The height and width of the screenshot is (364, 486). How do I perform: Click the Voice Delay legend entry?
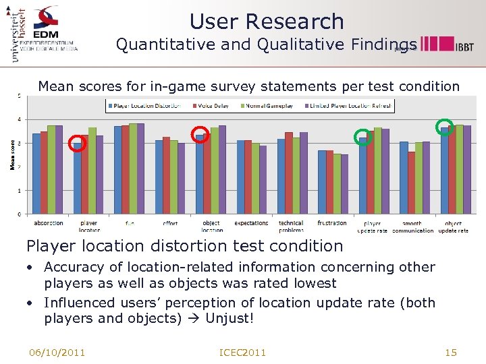tap(215, 106)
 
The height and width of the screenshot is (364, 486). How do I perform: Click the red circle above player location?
tap(78, 143)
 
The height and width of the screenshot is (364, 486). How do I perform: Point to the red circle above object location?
tap(200, 134)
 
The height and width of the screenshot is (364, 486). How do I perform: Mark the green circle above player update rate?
tap(362, 137)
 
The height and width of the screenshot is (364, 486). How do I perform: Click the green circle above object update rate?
tap(444, 127)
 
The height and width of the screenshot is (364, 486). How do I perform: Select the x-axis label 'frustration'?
tap(332, 223)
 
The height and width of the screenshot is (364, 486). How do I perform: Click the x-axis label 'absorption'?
tap(48, 223)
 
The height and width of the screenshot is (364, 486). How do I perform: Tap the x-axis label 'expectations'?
tap(251, 223)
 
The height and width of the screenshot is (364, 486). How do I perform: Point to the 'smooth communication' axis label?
tap(412, 227)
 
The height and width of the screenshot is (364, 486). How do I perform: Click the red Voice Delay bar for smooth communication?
tap(412, 183)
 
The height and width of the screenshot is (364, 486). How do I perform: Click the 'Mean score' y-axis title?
tap(12, 154)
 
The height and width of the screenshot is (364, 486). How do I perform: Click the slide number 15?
tap(451, 353)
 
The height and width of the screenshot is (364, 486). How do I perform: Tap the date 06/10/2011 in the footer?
tap(57, 353)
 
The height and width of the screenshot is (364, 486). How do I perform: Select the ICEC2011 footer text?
tap(243, 353)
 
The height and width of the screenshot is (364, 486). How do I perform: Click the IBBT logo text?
tap(464, 47)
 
